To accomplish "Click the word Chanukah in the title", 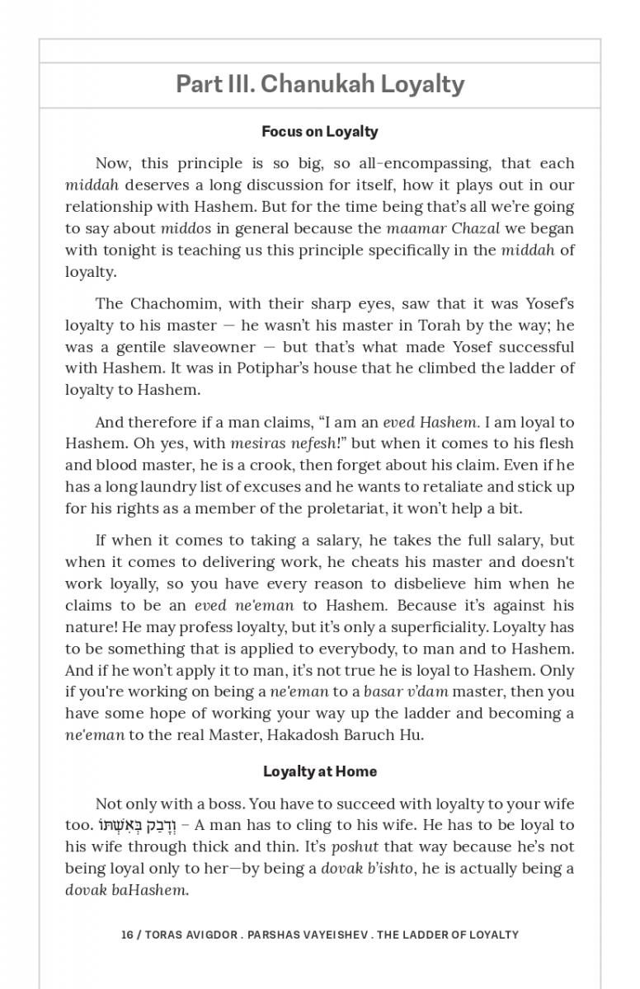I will point(324,84).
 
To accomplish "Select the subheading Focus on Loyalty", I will point(319,131).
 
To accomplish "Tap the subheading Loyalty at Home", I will point(319,771).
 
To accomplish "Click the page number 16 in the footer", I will point(127,935).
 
